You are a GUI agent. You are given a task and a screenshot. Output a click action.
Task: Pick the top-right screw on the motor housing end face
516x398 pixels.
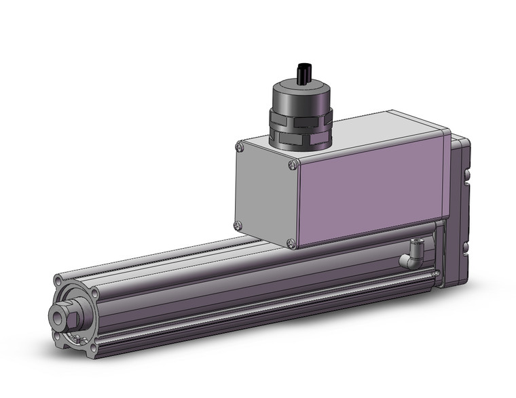pos(293,165)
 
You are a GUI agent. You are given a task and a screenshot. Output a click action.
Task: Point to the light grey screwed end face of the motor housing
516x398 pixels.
pos(265,193)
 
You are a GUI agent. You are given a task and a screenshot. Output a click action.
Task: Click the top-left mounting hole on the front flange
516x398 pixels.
pos(57,280)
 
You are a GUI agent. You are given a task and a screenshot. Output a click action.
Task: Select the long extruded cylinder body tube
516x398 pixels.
pos(258,285)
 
